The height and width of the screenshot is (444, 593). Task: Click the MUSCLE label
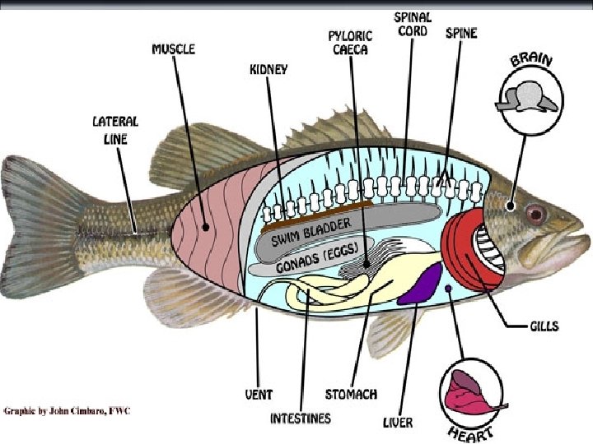174,49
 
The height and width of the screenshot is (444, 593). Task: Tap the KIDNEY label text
268,70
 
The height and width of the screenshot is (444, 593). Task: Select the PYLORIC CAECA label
350,42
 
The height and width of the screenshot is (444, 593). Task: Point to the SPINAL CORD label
413,24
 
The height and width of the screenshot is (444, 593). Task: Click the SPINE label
460,34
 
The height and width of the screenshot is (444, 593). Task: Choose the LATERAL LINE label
115,130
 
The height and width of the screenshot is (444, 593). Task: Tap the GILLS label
544,326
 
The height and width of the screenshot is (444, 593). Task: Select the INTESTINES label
301,419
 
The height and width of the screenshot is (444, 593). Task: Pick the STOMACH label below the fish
351,395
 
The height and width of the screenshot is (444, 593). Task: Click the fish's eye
535,214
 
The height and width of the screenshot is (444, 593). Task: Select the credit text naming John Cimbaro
66,409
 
